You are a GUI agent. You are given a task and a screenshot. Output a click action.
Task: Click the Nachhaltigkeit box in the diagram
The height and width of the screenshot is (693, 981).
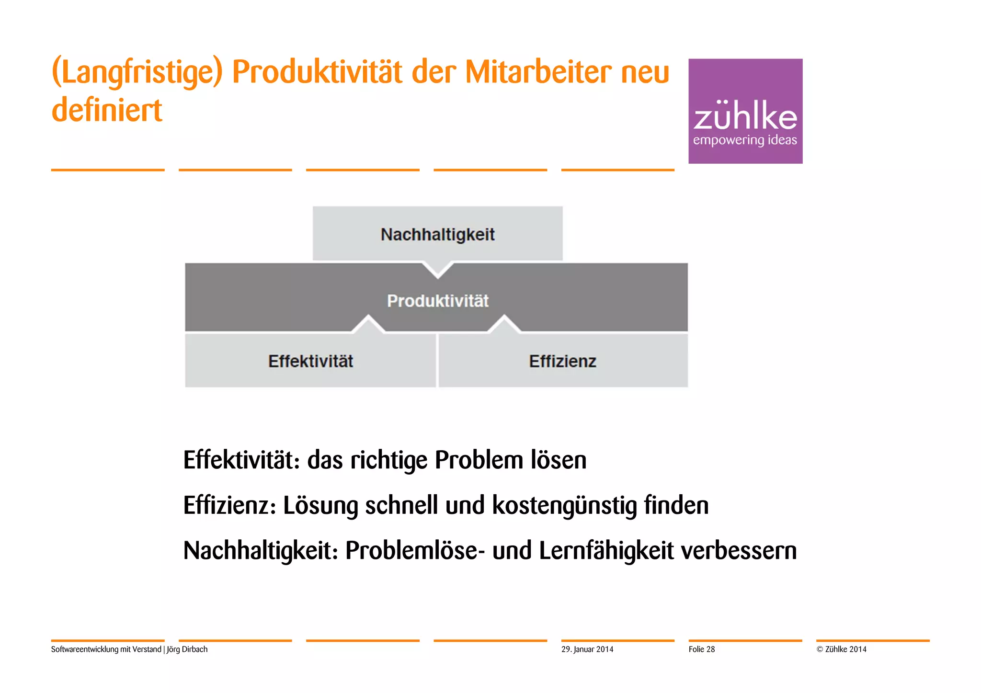coord(437,234)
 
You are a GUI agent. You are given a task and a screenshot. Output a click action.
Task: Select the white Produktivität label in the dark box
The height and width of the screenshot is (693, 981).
coord(437,301)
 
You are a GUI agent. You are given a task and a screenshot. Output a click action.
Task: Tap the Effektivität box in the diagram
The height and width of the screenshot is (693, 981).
coord(310,361)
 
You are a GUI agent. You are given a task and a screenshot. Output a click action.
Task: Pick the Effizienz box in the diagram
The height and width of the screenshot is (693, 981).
coord(562,361)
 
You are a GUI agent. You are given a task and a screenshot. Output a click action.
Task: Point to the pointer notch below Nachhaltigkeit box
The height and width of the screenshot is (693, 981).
coord(437,269)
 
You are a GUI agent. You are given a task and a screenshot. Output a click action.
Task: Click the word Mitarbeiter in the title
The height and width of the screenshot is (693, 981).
coord(538,72)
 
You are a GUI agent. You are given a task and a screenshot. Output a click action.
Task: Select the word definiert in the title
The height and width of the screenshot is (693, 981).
coord(107,110)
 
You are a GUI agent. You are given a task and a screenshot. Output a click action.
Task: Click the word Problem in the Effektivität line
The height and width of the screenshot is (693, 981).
coord(479,460)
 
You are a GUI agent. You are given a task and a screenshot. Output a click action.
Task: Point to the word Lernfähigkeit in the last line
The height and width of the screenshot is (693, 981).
coord(606,550)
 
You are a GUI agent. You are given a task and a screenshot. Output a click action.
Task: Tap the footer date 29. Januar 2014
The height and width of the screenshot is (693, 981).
coord(587,649)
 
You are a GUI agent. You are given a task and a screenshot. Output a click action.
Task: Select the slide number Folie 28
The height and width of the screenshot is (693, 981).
coord(702,649)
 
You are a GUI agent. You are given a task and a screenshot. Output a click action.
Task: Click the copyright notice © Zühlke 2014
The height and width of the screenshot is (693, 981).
coord(842,649)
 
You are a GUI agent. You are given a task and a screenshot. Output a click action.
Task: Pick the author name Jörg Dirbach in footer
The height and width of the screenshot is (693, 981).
coord(187,649)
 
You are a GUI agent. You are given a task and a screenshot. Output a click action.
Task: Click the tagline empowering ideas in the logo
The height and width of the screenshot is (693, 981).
coord(745,140)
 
